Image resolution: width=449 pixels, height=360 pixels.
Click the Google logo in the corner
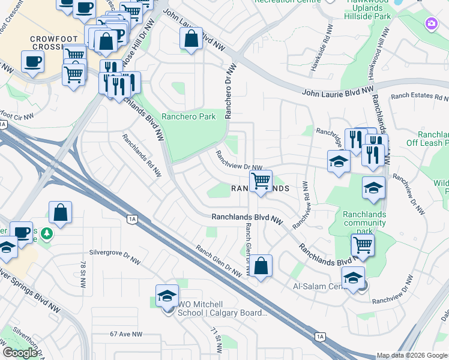(x=20, y=353)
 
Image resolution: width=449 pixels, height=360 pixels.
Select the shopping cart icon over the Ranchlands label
(x=261, y=181)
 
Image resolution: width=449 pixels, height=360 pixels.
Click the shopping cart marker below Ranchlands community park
(x=362, y=245)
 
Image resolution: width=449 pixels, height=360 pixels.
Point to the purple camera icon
(x=430, y=24)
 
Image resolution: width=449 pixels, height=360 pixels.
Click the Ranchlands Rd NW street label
(x=142, y=155)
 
